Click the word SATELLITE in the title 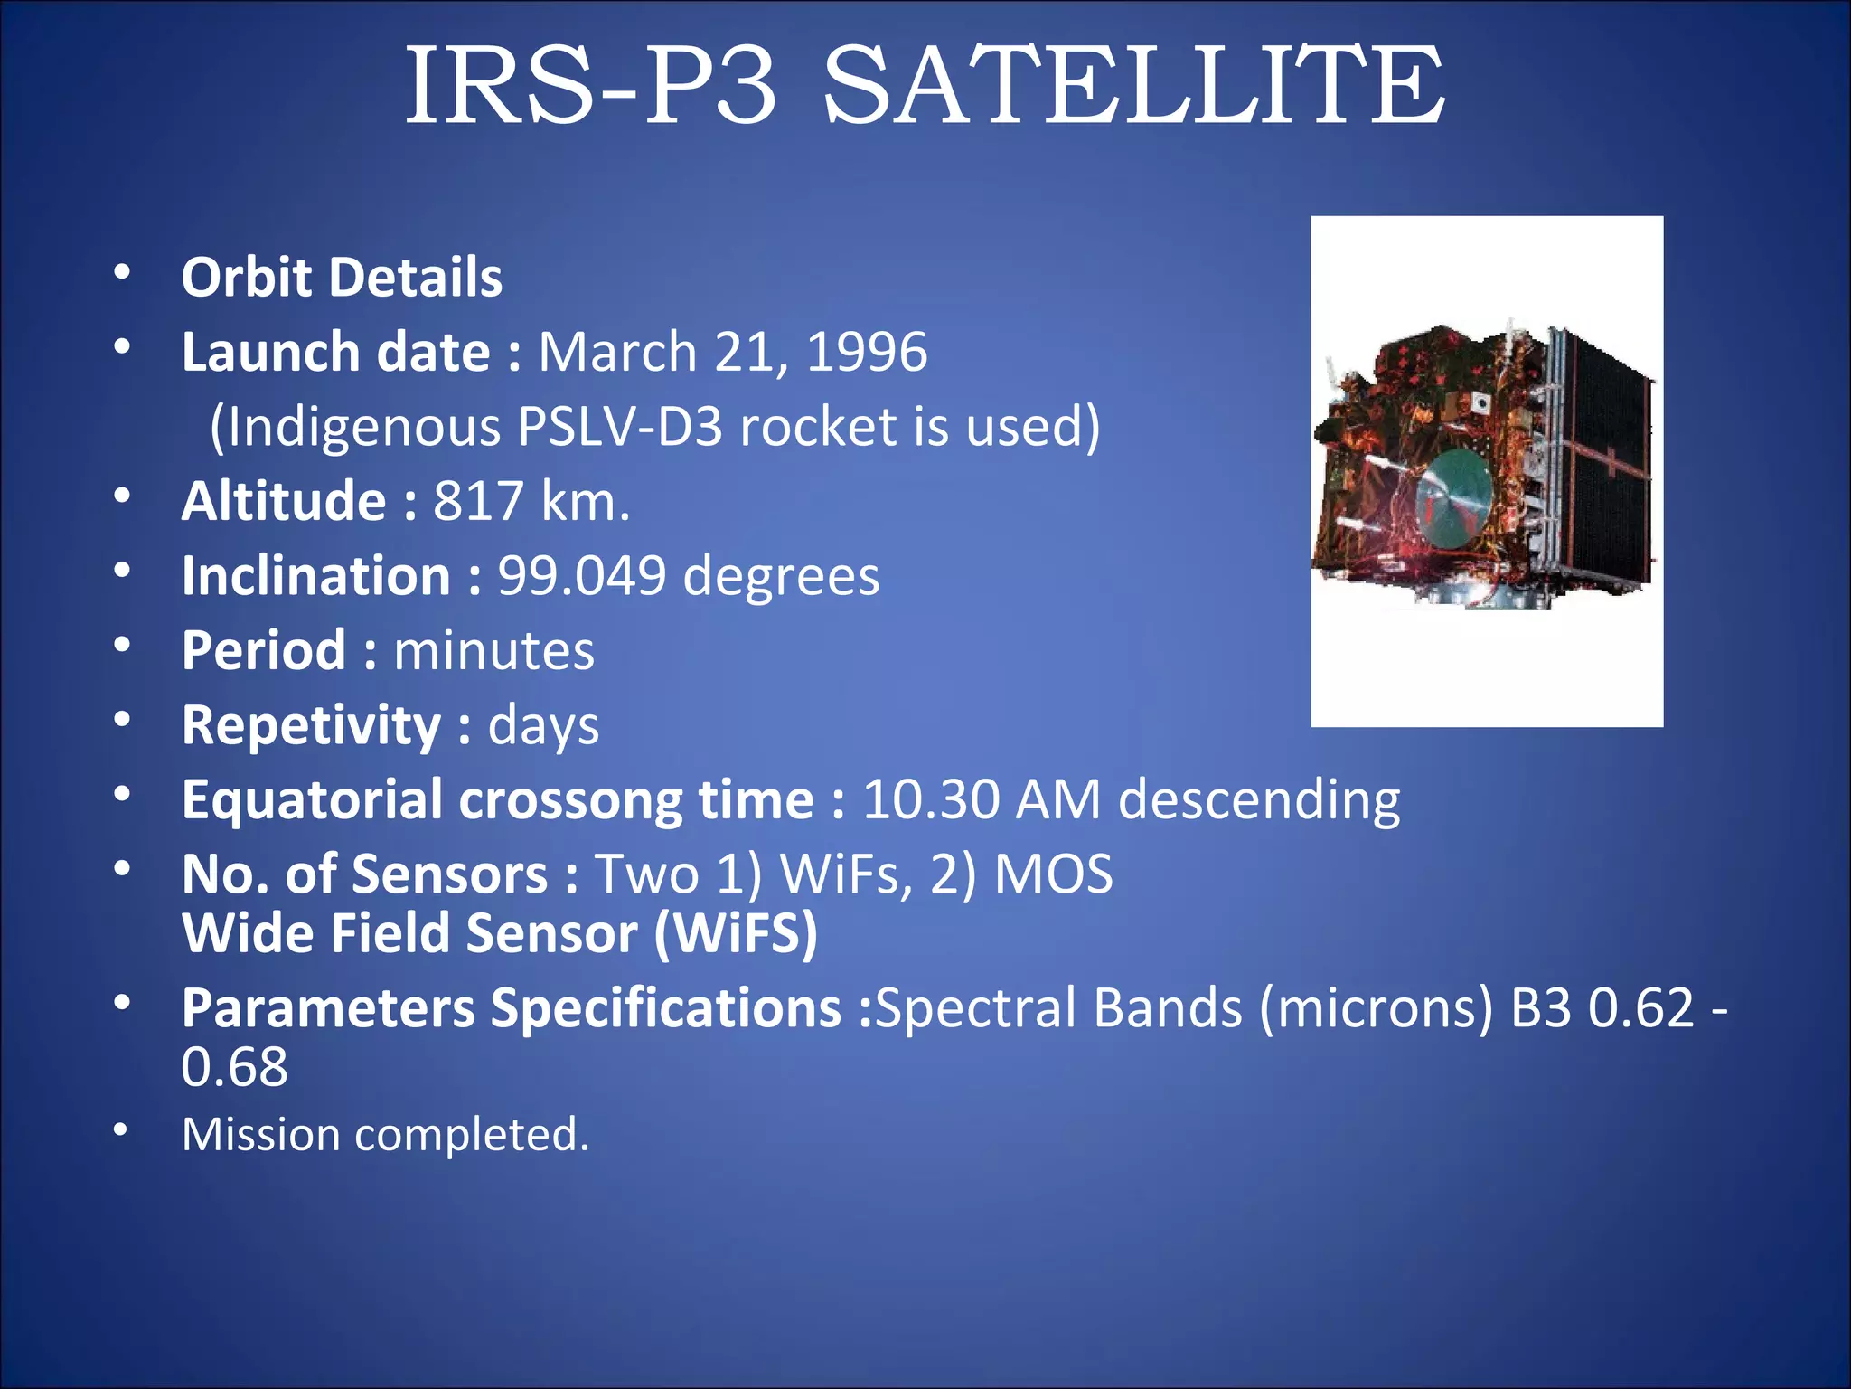[1133, 86]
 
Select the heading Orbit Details [342, 277]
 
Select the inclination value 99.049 [581, 576]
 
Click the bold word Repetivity [311, 725]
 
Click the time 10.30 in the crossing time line [931, 800]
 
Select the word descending [1259, 800]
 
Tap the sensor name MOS [1053, 874]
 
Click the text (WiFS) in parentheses [735, 933]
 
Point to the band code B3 [1541, 1007]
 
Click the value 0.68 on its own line [234, 1067]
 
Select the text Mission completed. [385, 1134]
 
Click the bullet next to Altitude [122, 496]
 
